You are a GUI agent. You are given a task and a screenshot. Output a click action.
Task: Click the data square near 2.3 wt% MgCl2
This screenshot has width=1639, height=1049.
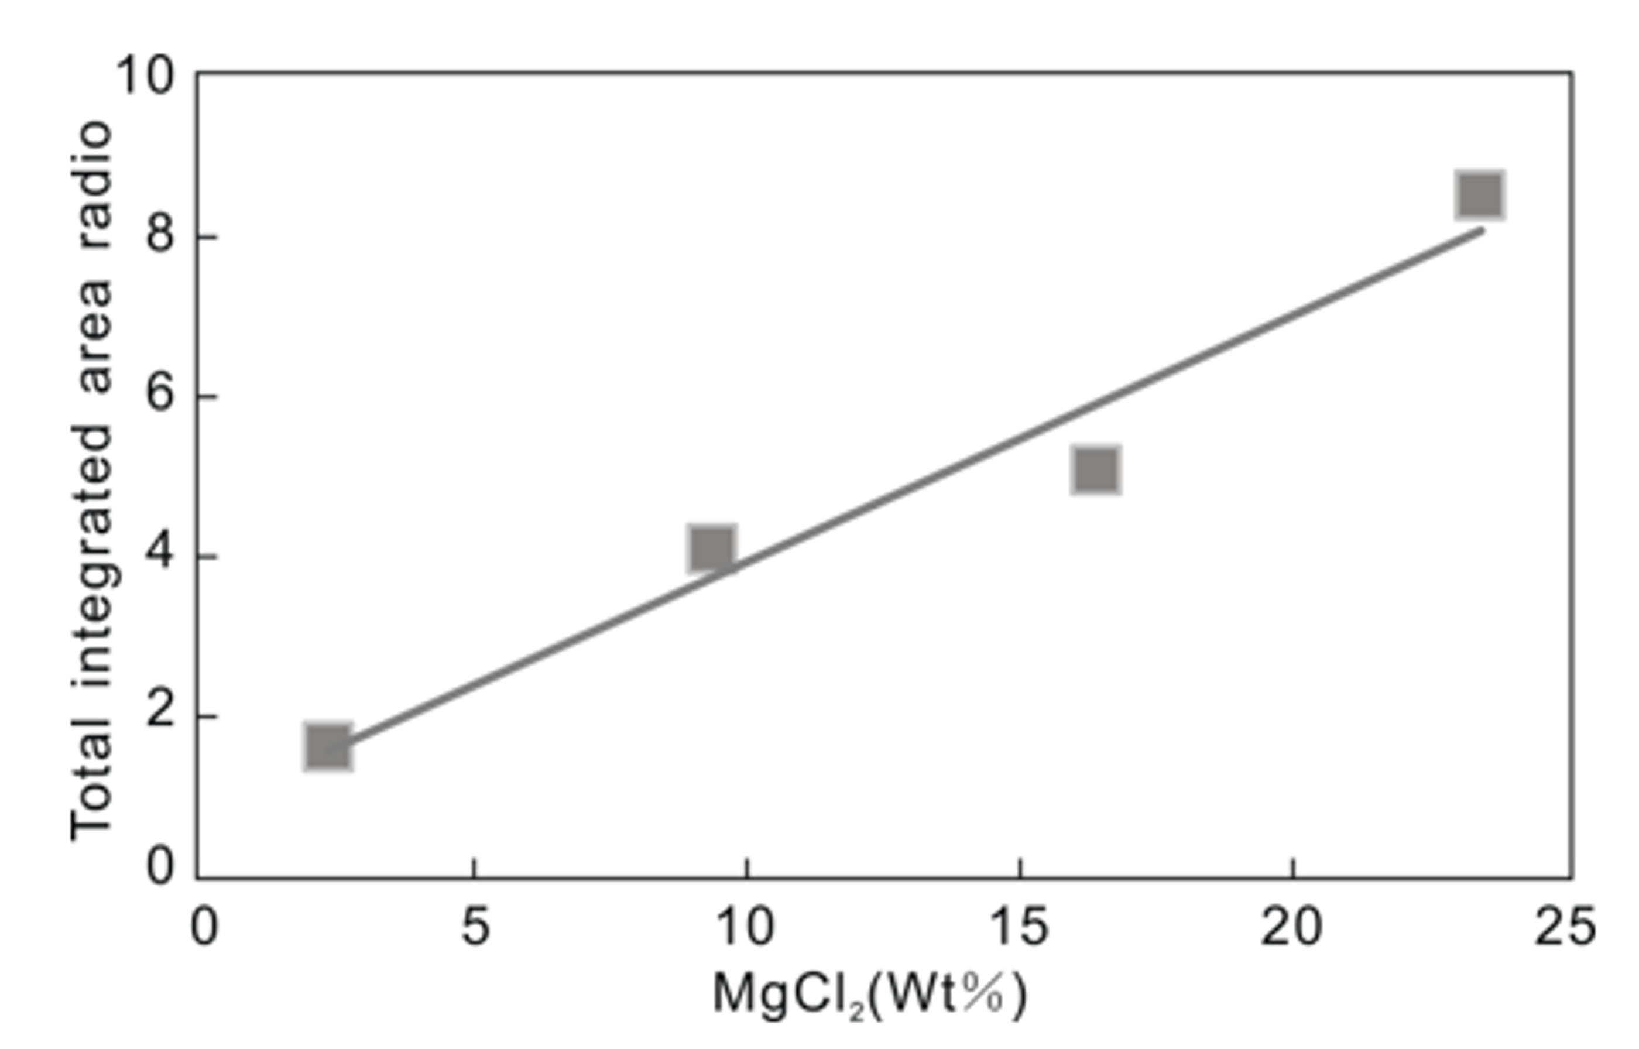tap(328, 748)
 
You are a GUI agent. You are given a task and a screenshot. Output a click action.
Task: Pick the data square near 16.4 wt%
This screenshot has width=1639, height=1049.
tap(1096, 469)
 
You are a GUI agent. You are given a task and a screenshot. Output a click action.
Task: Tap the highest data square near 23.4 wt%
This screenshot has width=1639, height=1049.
tap(1480, 195)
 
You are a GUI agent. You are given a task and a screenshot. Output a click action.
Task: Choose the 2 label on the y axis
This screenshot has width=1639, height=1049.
tap(161, 715)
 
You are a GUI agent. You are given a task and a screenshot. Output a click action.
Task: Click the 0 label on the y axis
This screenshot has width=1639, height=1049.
tap(161, 867)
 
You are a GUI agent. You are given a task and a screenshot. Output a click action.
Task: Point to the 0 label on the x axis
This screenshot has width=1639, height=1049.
tap(204, 927)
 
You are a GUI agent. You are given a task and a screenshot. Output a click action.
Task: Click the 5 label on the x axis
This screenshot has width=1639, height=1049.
tap(475, 927)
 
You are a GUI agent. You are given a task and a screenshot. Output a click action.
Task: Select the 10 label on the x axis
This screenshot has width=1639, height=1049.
tap(746, 927)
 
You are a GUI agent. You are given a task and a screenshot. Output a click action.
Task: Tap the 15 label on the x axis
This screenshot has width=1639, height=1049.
tap(1019, 927)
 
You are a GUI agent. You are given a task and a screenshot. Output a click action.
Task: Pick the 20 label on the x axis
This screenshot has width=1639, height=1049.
tap(1291, 927)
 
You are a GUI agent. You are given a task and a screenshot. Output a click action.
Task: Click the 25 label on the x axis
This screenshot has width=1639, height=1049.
tap(1563, 927)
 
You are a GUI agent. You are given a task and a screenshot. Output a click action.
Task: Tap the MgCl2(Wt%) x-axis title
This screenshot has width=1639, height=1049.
tap(869, 996)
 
